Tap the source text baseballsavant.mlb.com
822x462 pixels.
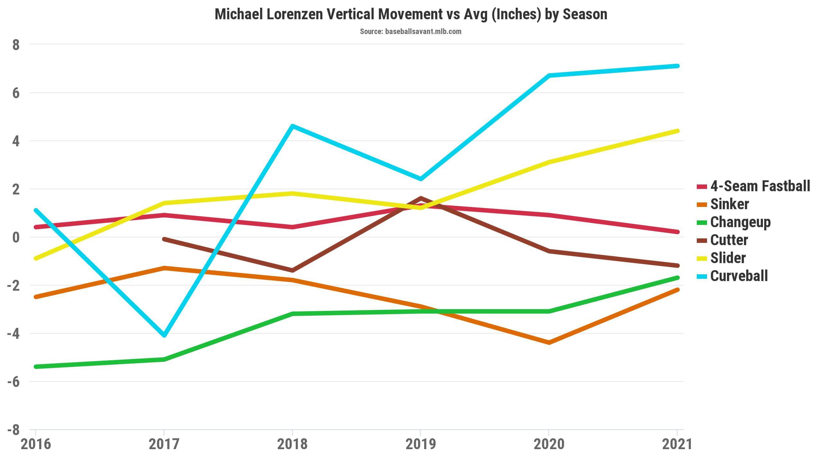(423, 31)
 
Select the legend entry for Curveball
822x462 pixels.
(739, 276)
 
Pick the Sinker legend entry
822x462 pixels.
(730, 204)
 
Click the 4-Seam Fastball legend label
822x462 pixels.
(760, 186)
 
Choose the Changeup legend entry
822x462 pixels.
(740, 222)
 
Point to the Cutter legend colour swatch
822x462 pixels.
(702, 240)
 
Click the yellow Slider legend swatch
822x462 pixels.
(702, 258)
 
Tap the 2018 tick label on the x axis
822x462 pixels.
(292, 445)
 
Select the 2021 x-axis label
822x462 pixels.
(677, 445)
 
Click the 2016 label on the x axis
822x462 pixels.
(36, 445)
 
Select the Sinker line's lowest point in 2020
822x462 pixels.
(549, 343)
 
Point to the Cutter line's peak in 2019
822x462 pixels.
(421, 198)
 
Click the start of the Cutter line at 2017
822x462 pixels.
(164, 239)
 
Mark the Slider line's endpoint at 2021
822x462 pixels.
(677, 131)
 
